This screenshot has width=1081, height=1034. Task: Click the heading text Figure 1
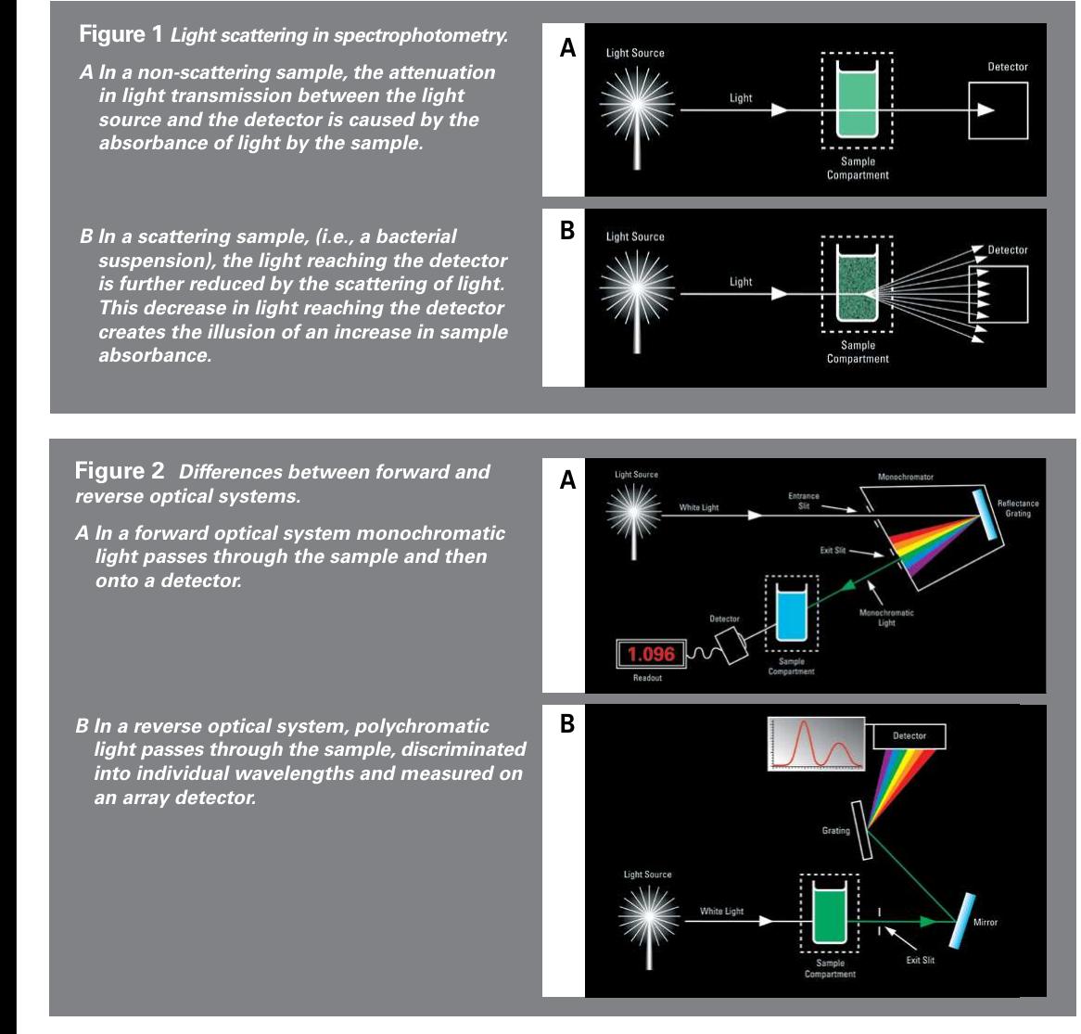pyautogui.click(x=121, y=35)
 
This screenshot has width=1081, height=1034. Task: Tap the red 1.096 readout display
pyautogui.click(x=651, y=655)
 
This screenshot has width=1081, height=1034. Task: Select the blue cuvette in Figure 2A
pyautogui.click(x=791, y=617)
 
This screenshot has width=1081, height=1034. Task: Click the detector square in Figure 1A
pyautogui.click(x=998, y=110)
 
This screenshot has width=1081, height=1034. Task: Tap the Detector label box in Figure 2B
pyautogui.click(x=909, y=736)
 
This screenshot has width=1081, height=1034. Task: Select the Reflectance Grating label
pyautogui.click(x=1017, y=508)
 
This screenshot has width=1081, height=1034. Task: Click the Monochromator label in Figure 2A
pyautogui.click(x=905, y=477)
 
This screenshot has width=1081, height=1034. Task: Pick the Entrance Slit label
pyautogui.click(x=803, y=501)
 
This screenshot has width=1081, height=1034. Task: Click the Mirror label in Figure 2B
pyautogui.click(x=985, y=922)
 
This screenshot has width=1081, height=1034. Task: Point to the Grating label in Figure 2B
pyautogui.click(x=835, y=831)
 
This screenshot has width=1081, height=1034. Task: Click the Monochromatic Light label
pyautogui.click(x=886, y=618)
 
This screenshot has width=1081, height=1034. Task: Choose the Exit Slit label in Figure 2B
pyautogui.click(x=920, y=961)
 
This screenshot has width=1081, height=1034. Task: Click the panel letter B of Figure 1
pyautogui.click(x=567, y=230)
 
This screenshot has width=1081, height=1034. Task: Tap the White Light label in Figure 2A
pyautogui.click(x=698, y=507)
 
